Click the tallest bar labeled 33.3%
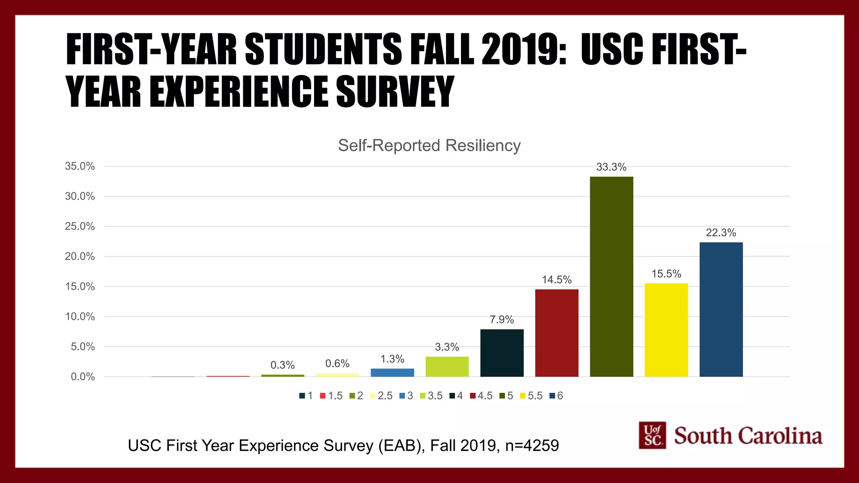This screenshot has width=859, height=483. [611, 277]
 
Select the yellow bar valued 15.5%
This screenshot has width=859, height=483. [666, 330]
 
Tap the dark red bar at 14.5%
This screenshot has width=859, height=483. [557, 333]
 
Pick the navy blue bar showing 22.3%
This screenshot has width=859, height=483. [721, 309]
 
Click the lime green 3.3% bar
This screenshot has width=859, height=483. [447, 366]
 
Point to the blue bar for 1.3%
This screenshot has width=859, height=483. [392, 372]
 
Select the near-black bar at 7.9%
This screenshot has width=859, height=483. [502, 353]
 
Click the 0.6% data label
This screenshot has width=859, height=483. [337, 364]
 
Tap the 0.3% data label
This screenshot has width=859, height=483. [282, 365]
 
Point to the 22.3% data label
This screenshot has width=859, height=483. [721, 233]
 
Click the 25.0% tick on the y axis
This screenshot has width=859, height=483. [80, 226]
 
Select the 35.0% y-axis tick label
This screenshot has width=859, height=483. [80, 166]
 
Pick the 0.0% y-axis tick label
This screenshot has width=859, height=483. [83, 377]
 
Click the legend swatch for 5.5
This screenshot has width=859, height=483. [523, 396]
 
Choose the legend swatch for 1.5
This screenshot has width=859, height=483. [323, 396]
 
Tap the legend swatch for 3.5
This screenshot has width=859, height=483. [422, 396]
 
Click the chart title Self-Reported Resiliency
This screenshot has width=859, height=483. [429, 145]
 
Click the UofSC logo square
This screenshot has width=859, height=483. [652, 435]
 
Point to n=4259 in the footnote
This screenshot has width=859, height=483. [532, 446]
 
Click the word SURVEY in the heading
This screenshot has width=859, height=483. [395, 91]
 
